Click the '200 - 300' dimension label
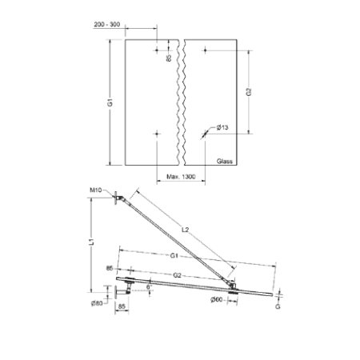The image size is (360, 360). coord(106,25)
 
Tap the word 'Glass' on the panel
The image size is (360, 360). coord(224,160)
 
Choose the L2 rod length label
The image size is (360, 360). coord(186,230)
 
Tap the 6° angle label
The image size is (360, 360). coord(150,284)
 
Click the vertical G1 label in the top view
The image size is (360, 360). coord(110,102)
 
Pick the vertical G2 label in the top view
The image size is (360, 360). coord(249,92)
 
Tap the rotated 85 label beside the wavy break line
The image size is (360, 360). coord(169,58)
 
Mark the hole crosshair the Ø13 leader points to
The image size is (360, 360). coord(205,134)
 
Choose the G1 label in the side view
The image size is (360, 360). coord(174,255)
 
